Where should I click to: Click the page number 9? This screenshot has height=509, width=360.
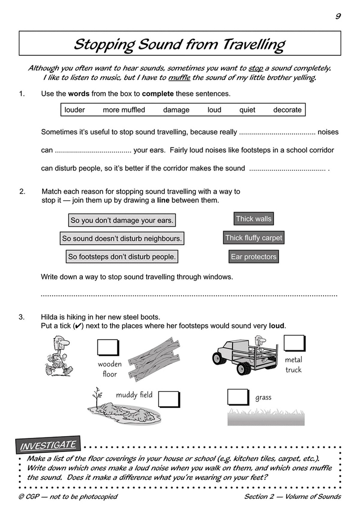[338, 16]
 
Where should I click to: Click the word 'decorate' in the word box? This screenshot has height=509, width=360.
[287, 110]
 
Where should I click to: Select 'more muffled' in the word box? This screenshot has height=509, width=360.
[124, 110]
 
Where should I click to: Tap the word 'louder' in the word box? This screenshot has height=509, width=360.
[75, 110]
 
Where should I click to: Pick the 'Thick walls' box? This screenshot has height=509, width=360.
[253, 219]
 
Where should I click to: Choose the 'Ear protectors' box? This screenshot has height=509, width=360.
[253, 257]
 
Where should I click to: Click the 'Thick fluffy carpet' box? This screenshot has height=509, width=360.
[253, 238]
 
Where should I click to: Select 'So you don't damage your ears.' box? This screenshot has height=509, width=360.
[122, 221]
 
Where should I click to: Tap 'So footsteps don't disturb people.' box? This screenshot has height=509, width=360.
[122, 257]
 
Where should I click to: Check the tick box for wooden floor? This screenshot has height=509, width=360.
[107, 347]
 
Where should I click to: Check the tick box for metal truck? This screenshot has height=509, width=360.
[294, 343]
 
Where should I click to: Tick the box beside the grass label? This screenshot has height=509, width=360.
[237, 397]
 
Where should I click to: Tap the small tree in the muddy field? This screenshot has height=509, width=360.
[97, 396]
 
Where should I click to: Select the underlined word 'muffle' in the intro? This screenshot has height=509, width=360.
[179, 78]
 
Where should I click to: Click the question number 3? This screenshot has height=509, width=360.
[22, 317]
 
